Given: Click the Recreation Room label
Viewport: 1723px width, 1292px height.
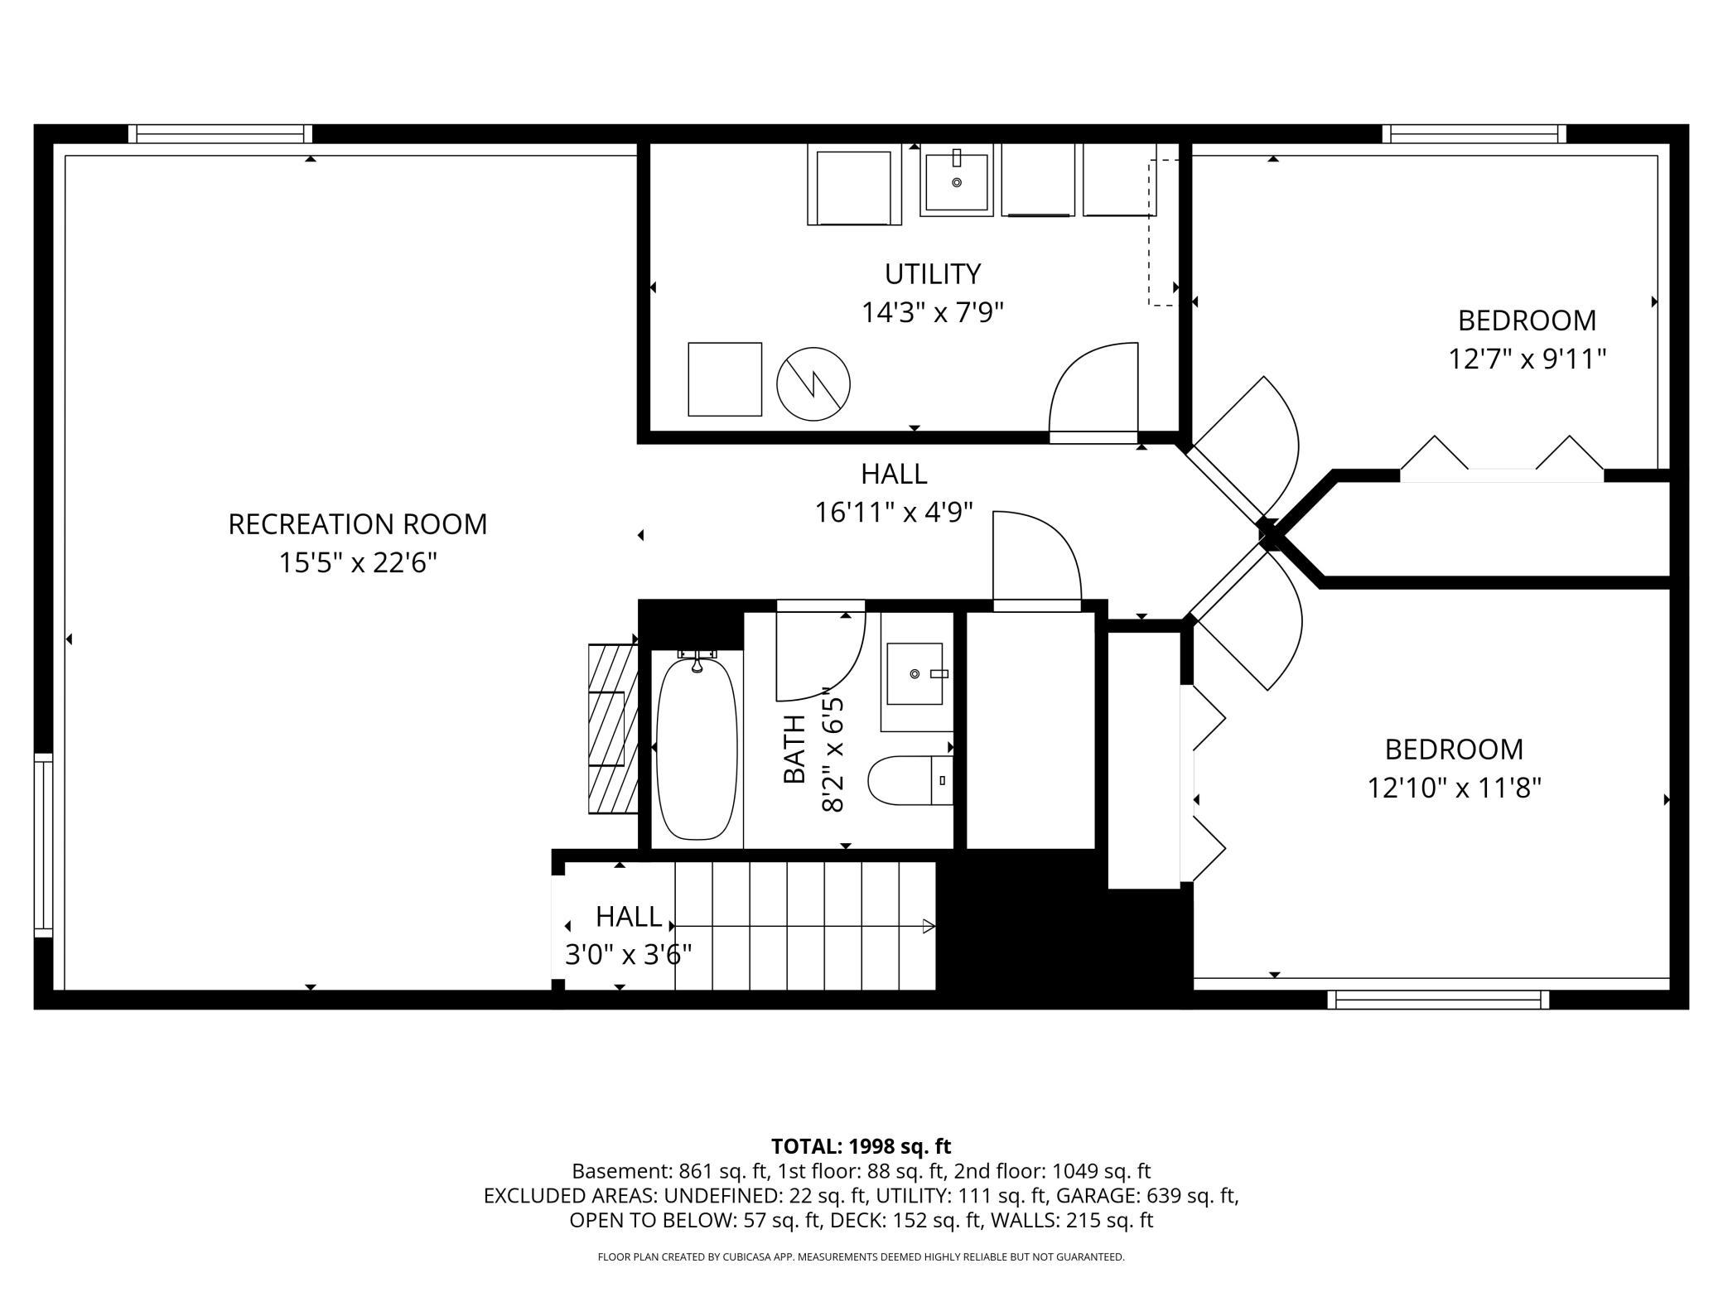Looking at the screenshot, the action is click(358, 524).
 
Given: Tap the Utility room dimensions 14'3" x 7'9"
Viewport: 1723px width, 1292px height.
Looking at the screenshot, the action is click(933, 313).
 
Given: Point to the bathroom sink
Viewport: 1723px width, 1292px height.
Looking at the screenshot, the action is click(915, 673).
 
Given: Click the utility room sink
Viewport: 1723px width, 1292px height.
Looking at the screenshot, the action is click(957, 181).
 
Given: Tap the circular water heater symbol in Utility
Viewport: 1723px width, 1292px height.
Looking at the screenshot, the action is click(813, 384).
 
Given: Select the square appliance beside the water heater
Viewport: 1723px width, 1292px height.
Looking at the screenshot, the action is click(725, 379).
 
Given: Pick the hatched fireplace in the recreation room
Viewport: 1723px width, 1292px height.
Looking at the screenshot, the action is click(613, 729).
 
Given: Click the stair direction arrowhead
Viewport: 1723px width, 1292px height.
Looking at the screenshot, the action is click(929, 926).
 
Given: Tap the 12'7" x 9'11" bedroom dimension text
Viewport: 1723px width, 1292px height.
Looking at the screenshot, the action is click(1528, 359).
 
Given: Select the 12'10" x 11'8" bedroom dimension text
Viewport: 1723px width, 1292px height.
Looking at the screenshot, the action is click(1455, 788).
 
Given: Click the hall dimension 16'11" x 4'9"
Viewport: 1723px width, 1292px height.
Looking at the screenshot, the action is click(894, 513).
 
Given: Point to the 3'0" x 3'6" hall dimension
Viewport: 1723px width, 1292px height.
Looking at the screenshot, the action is click(629, 956).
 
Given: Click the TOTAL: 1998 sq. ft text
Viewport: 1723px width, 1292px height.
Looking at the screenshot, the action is click(861, 1146).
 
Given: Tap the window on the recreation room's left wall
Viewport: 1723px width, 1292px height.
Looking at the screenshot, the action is click(43, 846).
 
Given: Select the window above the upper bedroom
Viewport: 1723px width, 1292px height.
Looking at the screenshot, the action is click(1474, 134).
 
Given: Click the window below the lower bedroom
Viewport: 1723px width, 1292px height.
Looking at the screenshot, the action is click(1438, 1000).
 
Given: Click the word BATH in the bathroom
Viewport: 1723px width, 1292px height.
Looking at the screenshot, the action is click(794, 749).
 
